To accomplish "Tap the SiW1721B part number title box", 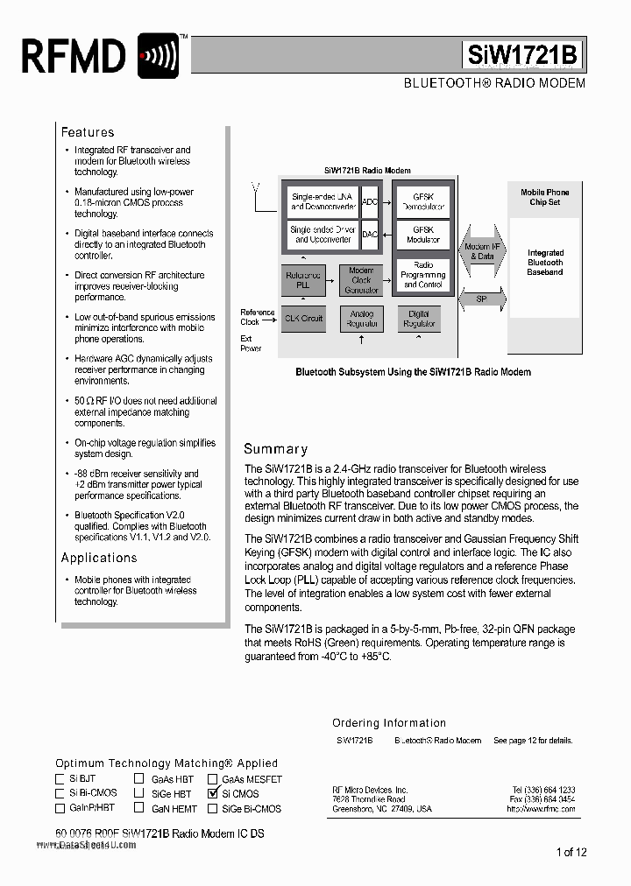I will (x=521, y=55).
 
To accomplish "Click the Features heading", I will (x=88, y=132).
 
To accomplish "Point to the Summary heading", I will (x=275, y=448).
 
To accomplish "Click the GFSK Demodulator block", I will (x=423, y=201).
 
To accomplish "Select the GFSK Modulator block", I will (x=423, y=235).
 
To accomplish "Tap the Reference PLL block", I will (x=302, y=280).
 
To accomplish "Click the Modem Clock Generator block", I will (x=361, y=280).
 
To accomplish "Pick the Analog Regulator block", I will (x=361, y=319).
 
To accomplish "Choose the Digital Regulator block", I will (x=419, y=319).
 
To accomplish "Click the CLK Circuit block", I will (x=302, y=319).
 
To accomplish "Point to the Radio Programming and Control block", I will (x=423, y=275).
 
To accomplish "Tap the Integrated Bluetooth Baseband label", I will (x=545, y=263).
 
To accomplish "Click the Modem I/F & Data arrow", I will (x=481, y=252).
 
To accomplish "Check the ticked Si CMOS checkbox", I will (x=212, y=793).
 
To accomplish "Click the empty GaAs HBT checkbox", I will (x=139, y=777).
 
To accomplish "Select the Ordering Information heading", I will (x=389, y=723).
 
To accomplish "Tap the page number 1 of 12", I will (x=571, y=852).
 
